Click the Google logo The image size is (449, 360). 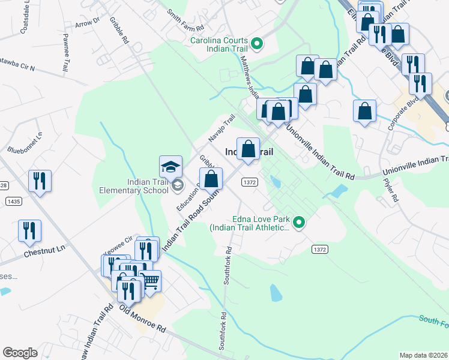click(x=20, y=352)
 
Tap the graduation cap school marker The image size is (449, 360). click(x=170, y=166)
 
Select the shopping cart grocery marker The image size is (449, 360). click(x=150, y=280)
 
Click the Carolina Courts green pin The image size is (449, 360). click(x=257, y=43)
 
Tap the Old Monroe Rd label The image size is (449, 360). click(x=142, y=319)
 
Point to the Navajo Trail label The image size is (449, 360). click(x=221, y=127)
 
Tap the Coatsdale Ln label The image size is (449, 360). click(x=25, y=18)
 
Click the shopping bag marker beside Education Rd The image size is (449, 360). click(x=211, y=178)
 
